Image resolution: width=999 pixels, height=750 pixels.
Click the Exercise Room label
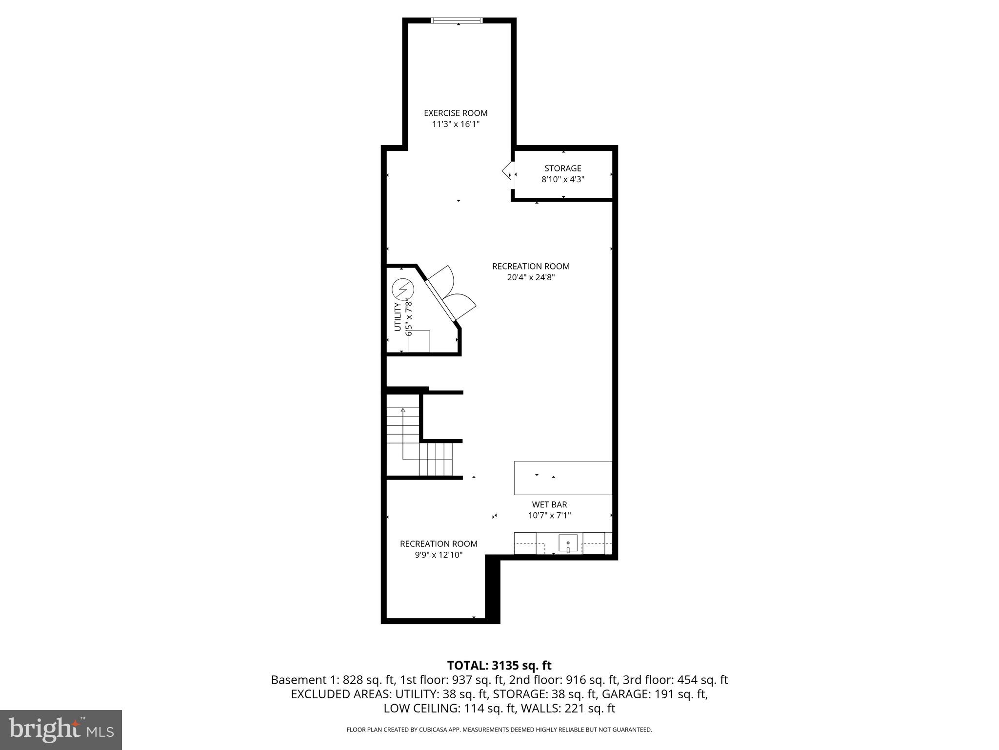click(455, 113)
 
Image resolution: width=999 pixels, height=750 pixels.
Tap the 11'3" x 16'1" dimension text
click(456, 125)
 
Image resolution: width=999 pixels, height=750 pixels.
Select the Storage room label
click(562, 168)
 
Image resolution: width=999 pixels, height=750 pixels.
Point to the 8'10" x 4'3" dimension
click(562, 180)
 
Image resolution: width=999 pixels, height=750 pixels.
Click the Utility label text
click(398, 316)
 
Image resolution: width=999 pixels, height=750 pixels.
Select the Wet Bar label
click(549, 504)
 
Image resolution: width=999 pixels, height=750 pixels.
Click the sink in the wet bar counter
click(568, 543)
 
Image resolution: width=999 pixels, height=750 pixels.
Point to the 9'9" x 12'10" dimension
click(438, 555)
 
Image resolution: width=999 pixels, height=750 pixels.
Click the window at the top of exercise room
click(457, 21)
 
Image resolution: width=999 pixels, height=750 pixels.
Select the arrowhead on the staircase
click(403, 410)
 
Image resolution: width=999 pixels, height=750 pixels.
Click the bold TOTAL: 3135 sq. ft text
click(499, 666)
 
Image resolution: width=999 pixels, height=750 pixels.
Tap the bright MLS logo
click(61, 729)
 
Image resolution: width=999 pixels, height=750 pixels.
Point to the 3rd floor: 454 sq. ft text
click(675, 680)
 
